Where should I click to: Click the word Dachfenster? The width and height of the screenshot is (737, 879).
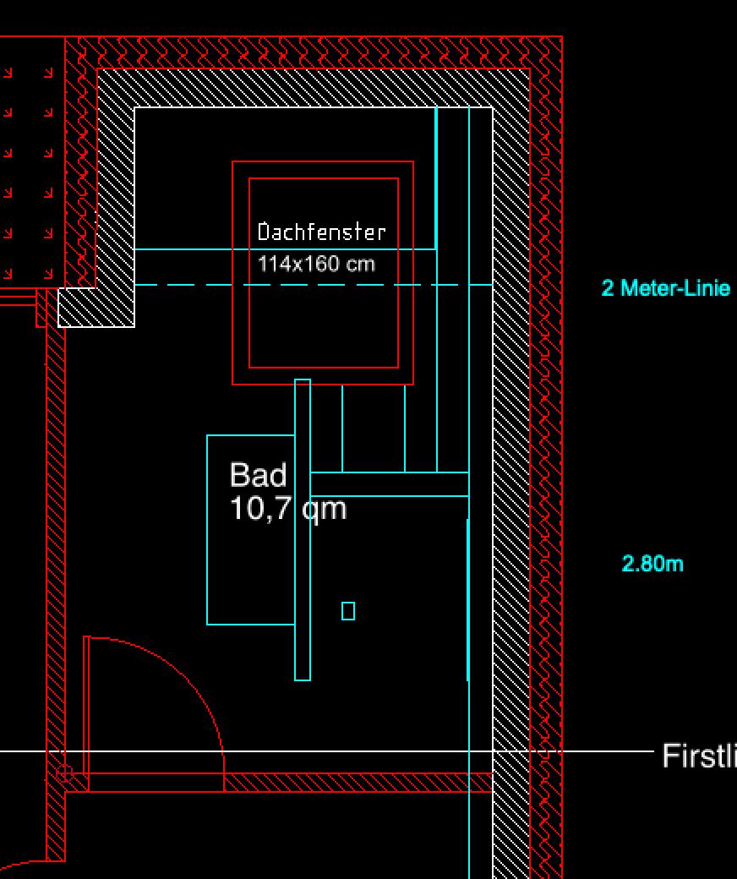pos(321,232)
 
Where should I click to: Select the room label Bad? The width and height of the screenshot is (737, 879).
pos(258,475)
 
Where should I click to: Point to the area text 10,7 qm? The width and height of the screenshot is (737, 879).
pos(287,509)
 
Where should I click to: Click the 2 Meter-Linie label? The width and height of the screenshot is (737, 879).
pos(665,288)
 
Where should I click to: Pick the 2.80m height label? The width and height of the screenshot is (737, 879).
pos(652,564)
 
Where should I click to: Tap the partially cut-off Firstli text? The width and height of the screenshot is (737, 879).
pos(698,756)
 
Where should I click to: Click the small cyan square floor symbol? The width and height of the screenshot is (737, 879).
pos(348,610)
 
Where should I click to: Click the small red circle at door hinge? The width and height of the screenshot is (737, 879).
pos(63,773)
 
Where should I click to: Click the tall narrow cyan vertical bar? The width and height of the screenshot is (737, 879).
pos(303,592)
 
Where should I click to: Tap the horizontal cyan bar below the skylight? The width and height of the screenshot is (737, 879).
pos(389,483)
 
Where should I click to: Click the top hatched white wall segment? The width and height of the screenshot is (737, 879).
pos(313,88)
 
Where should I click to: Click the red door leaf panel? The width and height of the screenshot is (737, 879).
pos(86,710)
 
